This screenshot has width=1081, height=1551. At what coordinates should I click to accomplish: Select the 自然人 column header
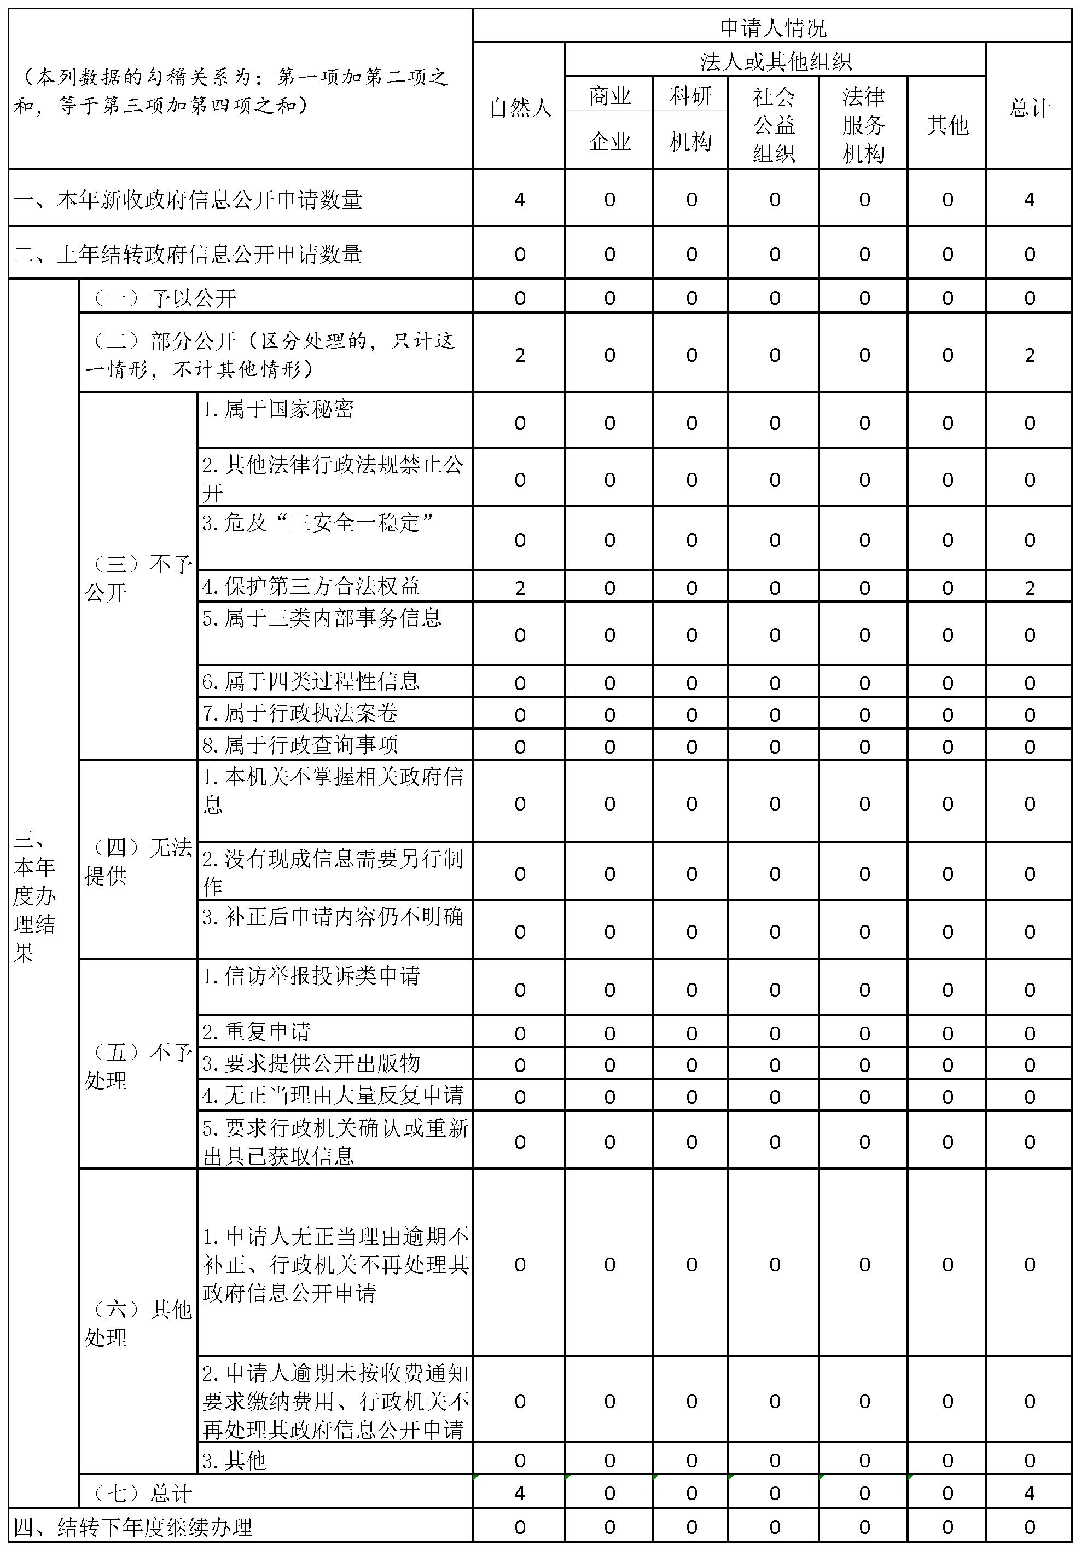pyautogui.click(x=519, y=107)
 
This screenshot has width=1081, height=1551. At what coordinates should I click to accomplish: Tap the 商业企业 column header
pyautogui.click(x=609, y=119)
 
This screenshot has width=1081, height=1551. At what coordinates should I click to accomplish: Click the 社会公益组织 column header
pyautogui.click(x=774, y=125)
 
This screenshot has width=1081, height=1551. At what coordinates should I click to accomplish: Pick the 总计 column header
pyautogui.click(x=1029, y=107)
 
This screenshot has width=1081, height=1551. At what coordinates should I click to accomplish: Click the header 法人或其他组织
pyautogui.click(x=775, y=61)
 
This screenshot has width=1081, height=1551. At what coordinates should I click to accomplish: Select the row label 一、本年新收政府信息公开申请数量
pyautogui.click(x=188, y=200)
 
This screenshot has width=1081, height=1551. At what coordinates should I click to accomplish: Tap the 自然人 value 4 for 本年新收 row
pyautogui.click(x=519, y=199)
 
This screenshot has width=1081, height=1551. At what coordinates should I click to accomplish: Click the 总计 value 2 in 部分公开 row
pyautogui.click(x=1029, y=355)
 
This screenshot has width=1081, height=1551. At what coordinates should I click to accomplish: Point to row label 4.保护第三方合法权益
pyautogui.click(x=311, y=586)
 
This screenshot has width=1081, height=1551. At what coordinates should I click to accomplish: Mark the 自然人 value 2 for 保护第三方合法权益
pyautogui.click(x=519, y=588)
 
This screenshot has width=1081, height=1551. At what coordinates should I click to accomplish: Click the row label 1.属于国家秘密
pyautogui.click(x=278, y=409)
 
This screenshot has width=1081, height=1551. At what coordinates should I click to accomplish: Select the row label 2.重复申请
pyautogui.click(x=257, y=1032)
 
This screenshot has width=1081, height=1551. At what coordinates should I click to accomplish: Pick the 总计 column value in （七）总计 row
pyautogui.click(x=1029, y=1493)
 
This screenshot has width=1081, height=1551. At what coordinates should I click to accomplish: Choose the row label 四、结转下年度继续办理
pyautogui.click(x=133, y=1527)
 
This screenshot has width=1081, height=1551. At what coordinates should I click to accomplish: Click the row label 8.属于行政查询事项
pyautogui.click(x=300, y=745)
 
